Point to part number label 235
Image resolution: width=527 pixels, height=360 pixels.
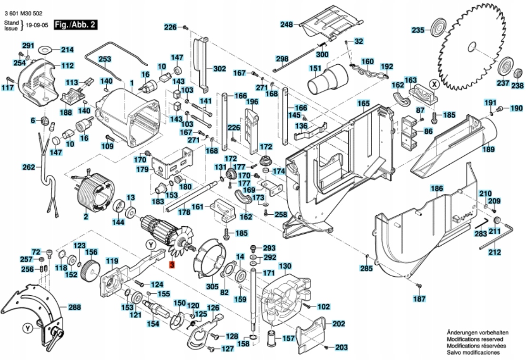418,30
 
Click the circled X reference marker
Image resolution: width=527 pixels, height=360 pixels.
434,84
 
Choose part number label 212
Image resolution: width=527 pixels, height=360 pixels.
496,252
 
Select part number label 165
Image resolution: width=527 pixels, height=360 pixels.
364,103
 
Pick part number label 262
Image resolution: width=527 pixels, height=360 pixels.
29,167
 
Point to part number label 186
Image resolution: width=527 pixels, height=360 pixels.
437,189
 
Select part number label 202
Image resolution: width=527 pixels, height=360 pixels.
338,324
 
